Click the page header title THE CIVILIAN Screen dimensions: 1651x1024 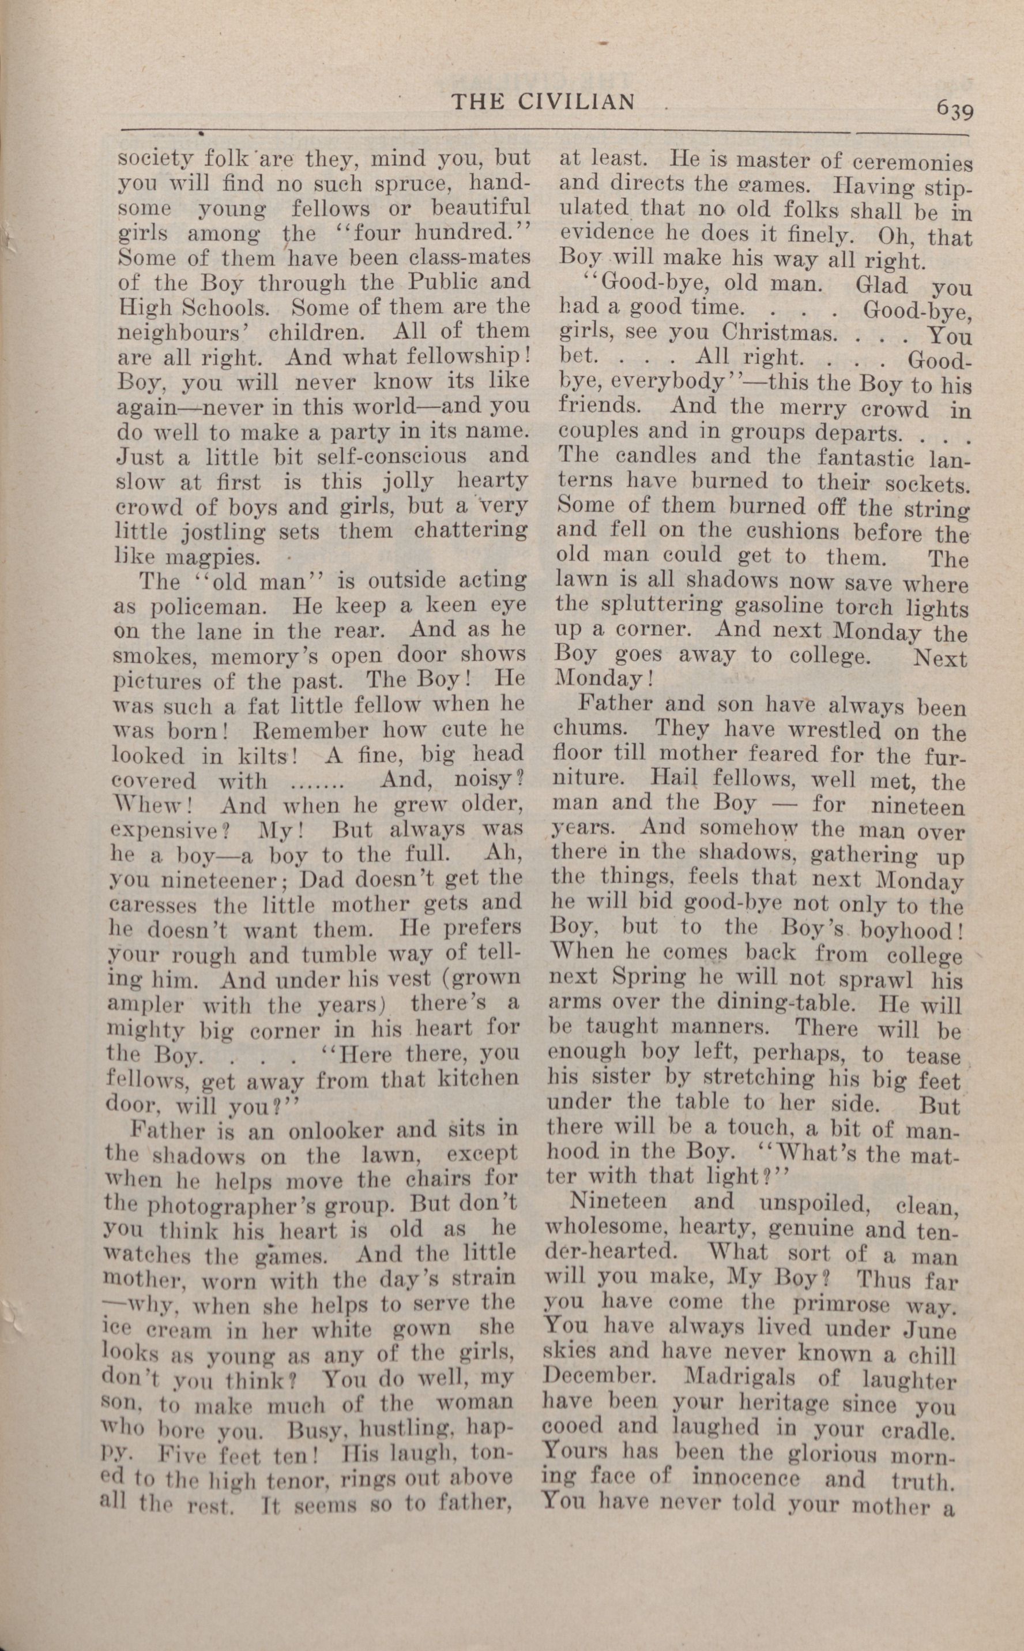543,102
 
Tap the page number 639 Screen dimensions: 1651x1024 955,109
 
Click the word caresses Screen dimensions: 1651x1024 154,906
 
